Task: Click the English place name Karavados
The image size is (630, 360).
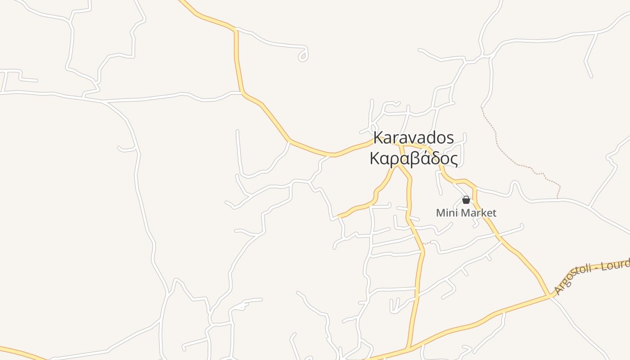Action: [414, 138]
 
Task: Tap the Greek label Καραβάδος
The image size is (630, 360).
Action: [414, 158]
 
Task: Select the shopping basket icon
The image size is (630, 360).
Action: [466, 200]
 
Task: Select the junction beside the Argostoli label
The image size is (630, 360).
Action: [550, 296]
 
